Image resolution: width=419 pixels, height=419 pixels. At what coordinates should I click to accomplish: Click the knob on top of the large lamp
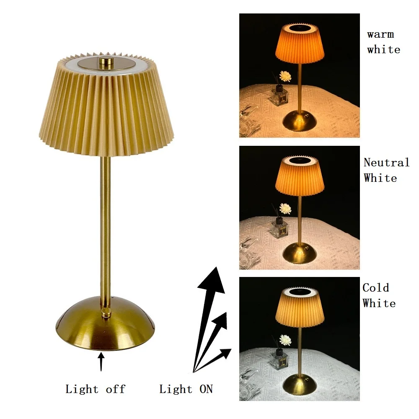tap(105, 63)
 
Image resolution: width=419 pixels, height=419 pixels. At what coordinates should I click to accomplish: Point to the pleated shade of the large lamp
tap(105, 109)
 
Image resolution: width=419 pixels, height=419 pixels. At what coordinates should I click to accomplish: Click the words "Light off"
tap(95, 389)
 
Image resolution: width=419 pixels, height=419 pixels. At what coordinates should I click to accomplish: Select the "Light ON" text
tap(186, 389)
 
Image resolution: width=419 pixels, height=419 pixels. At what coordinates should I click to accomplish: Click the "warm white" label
tap(383, 42)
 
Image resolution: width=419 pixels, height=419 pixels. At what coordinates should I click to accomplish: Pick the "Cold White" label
tap(379, 295)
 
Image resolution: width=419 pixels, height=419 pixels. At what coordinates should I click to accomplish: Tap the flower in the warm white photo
tap(285, 76)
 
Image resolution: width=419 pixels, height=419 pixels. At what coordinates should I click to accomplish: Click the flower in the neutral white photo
tap(285, 209)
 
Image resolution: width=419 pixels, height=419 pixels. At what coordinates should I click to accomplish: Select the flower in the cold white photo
tap(285, 340)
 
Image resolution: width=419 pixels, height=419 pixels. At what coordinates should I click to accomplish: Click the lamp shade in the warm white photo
tap(300, 44)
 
